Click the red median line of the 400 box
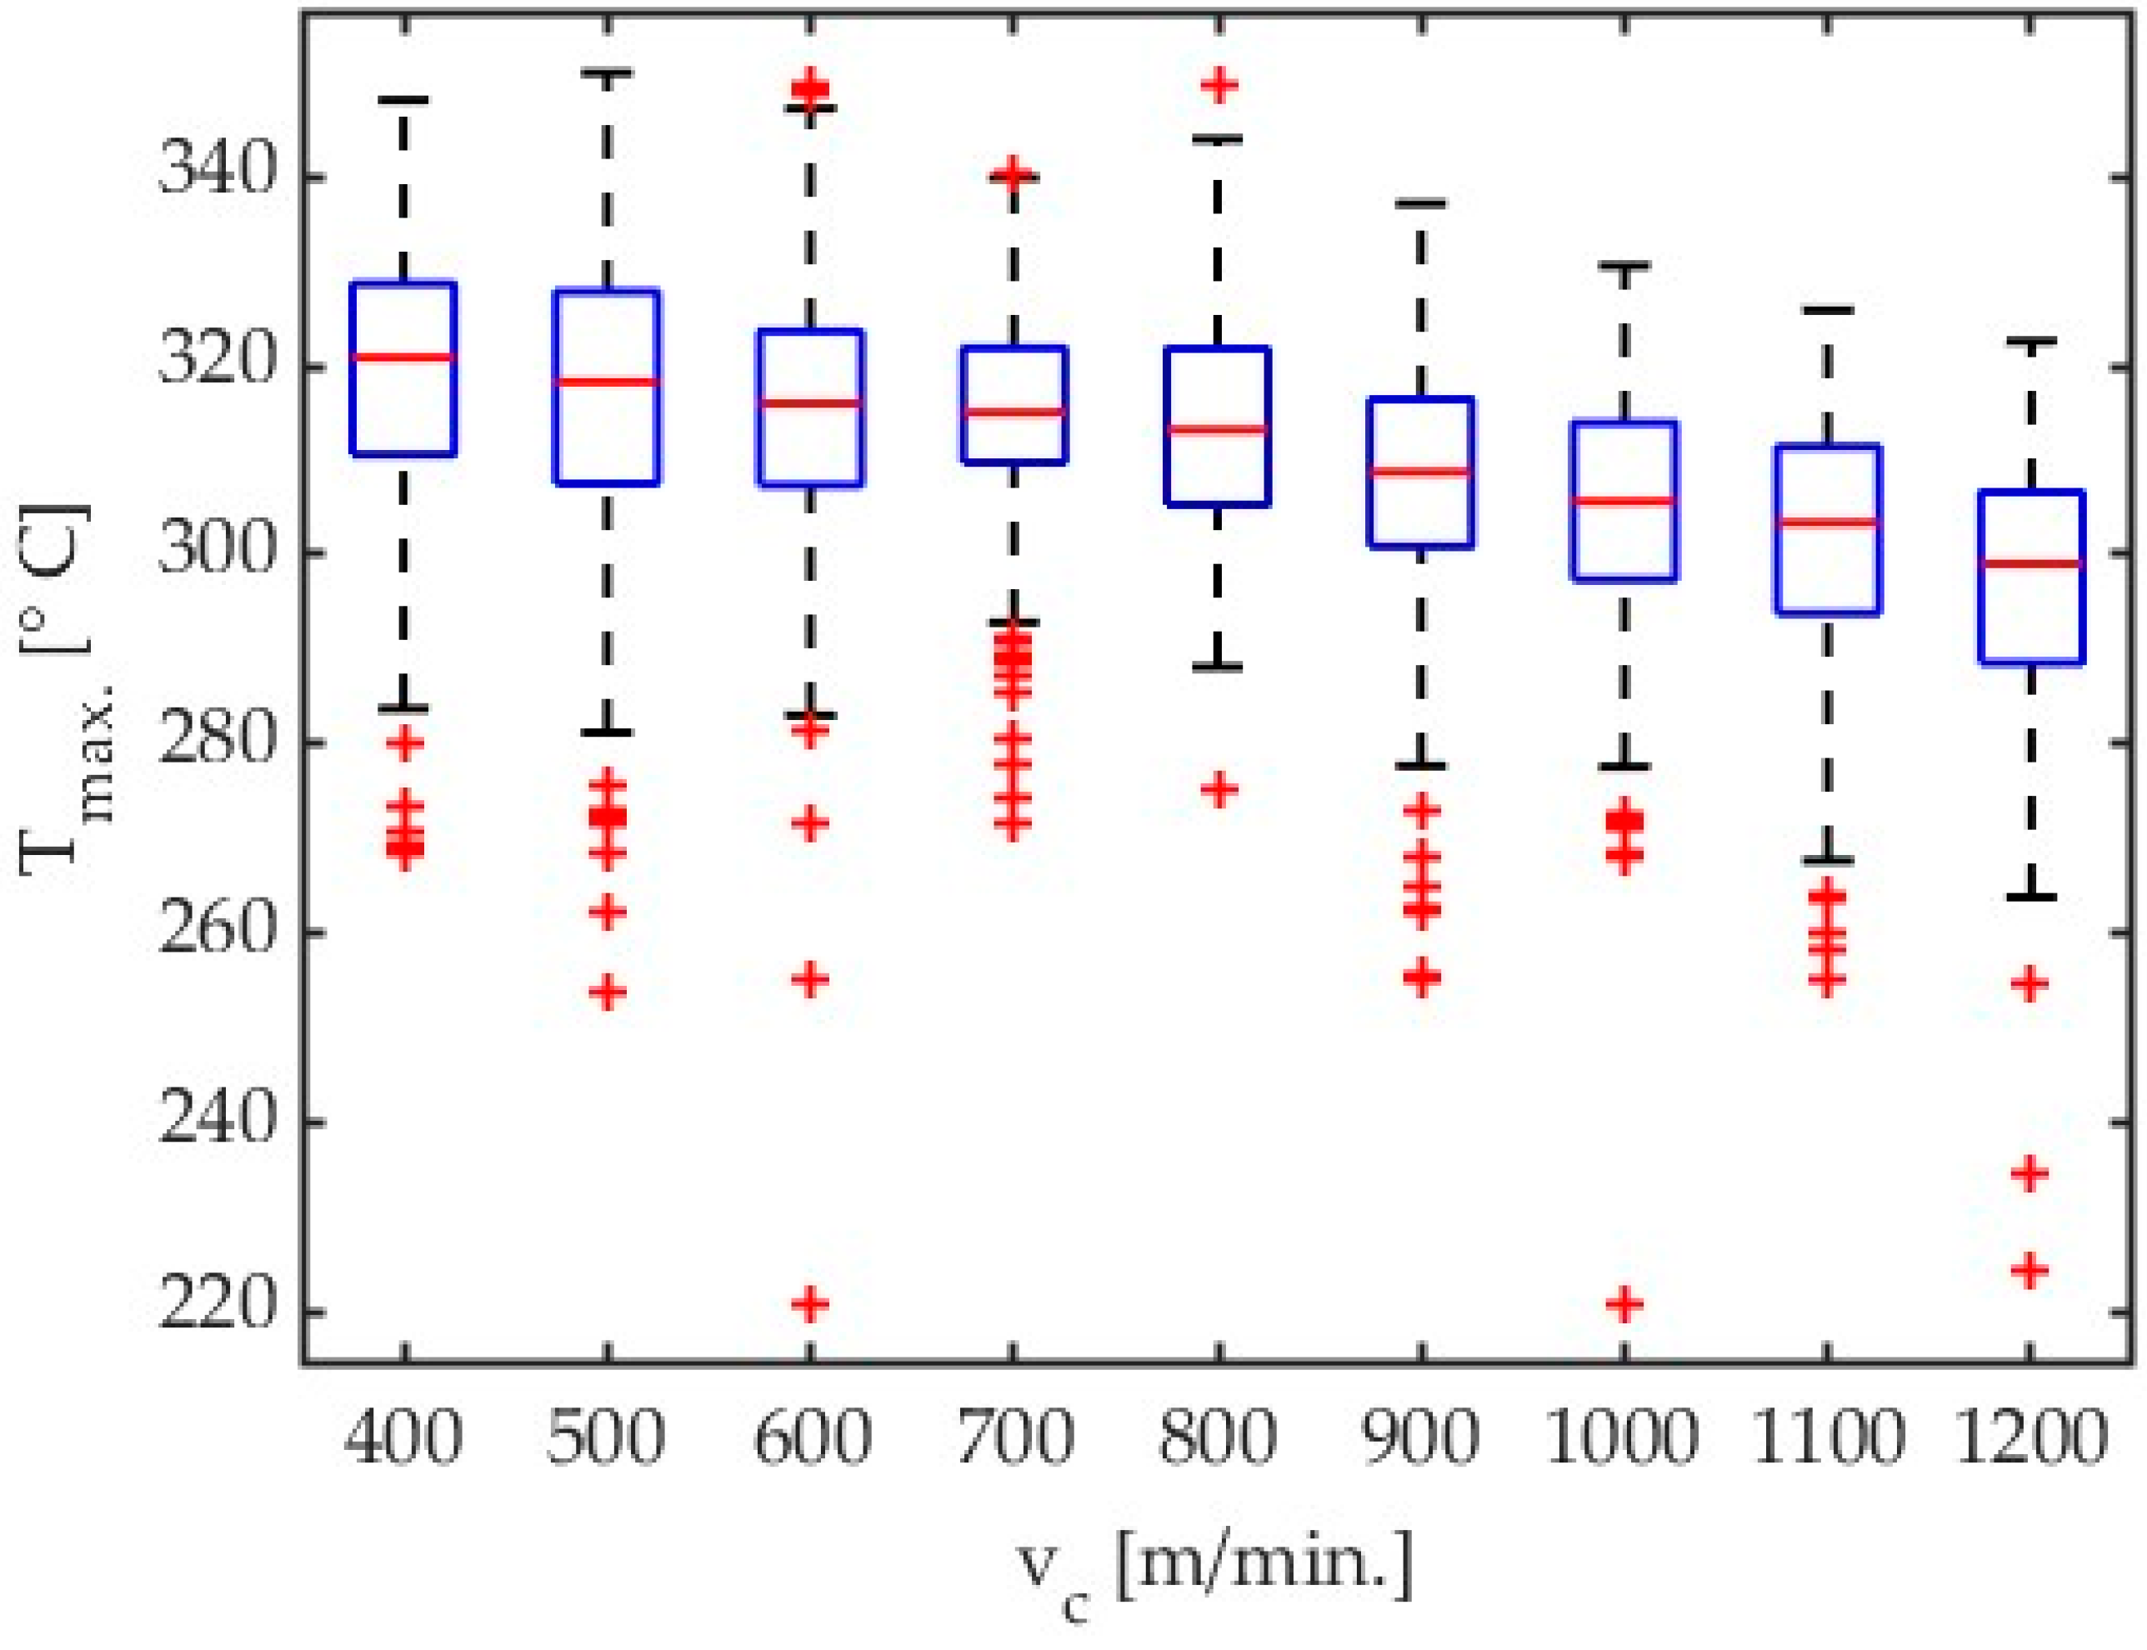pos(403,357)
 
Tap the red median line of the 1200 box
pos(2030,563)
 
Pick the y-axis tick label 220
pos(214,1309)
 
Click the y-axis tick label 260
pos(214,931)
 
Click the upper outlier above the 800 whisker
pos(1219,86)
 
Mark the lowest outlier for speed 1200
pos(2030,1271)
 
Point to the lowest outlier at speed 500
pos(607,992)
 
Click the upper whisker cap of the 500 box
pos(607,72)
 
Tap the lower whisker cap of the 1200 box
pos(2030,897)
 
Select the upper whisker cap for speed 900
pos(1421,203)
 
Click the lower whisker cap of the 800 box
pos(1219,667)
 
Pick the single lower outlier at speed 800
pos(1219,788)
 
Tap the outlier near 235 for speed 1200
pos(2030,1173)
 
